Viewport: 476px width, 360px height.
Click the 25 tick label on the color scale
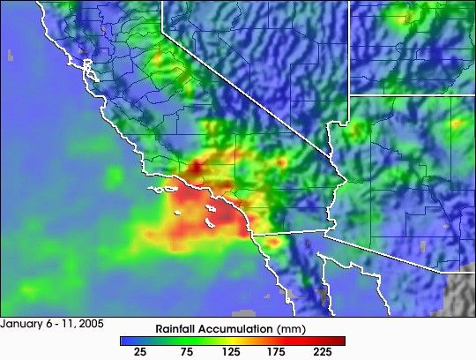point(139,351)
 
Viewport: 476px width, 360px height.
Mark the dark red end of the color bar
point(339,340)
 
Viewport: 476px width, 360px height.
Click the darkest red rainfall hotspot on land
point(196,165)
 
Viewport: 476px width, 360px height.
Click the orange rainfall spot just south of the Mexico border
point(274,241)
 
